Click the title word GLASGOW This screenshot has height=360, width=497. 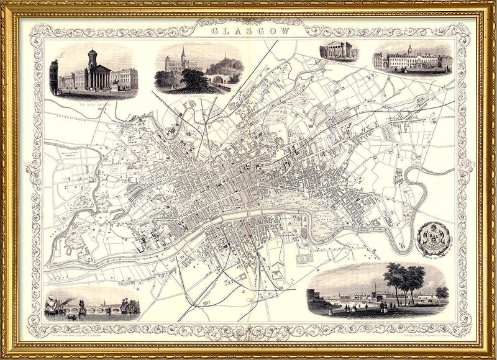249,29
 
